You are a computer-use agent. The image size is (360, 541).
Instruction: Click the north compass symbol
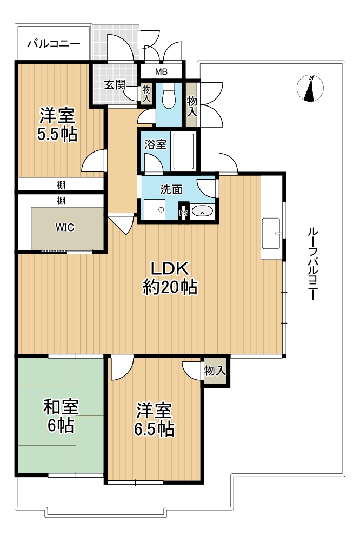pos(310,88)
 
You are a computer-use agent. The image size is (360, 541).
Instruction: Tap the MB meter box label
pos(161,72)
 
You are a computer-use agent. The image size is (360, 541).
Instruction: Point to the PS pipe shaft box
pos(183,213)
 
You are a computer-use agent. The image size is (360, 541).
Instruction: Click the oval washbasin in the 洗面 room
pos(202,211)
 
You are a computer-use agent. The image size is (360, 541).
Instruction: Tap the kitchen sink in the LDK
pos(271,233)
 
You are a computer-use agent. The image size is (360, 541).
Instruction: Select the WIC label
pos(65,228)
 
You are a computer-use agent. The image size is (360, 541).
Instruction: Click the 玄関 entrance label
pos(115,84)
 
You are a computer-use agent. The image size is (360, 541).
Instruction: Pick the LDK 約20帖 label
pos(170,278)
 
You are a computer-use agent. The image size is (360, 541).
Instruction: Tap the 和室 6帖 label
pos(61,415)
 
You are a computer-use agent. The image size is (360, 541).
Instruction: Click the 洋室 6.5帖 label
pos(154,419)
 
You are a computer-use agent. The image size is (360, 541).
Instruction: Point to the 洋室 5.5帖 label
pos(57,124)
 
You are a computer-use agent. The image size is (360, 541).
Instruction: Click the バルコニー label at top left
pos(54,44)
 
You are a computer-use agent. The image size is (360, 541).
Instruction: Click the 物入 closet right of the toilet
pos(192,105)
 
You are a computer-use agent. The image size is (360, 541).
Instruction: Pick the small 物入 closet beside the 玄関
pos(146,93)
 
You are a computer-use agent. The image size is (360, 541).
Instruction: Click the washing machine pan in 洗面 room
pos(155,209)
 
